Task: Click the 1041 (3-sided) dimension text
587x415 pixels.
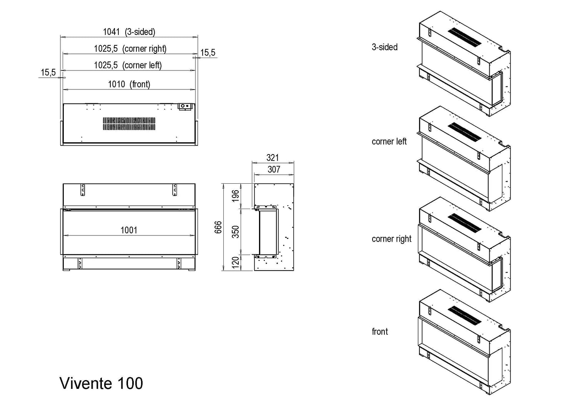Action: [x=129, y=32]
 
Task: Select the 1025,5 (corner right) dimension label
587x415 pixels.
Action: [x=130, y=49]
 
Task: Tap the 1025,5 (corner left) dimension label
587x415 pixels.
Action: [x=128, y=65]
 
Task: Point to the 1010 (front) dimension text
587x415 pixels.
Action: [x=129, y=84]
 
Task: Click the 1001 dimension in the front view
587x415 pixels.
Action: [x=129, y=230]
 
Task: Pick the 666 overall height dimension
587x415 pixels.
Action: [x=218, y=227]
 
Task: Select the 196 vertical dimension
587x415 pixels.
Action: [x=235, y=196]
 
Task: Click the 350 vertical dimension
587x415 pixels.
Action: [x=235, y=232]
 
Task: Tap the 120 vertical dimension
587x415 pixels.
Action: [x=235, y=262]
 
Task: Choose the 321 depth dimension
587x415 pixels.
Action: [x=273, y=158]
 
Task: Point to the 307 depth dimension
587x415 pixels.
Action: [x=274, y=169]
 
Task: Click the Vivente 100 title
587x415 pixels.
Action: [x=101, y=383]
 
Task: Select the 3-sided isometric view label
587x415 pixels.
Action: [x=384, y=47]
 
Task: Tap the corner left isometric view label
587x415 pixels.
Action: [x=389, y=141]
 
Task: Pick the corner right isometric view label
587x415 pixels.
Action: [x=391, y=239]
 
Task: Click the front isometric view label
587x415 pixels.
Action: [x=380, y=332]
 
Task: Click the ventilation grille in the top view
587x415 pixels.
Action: [x=129, y=124]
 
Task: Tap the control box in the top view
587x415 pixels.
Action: [x=186, y=106]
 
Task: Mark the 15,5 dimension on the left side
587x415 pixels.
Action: [x=48, y=72]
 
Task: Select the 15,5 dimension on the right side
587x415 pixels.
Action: [x=208, y=53]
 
